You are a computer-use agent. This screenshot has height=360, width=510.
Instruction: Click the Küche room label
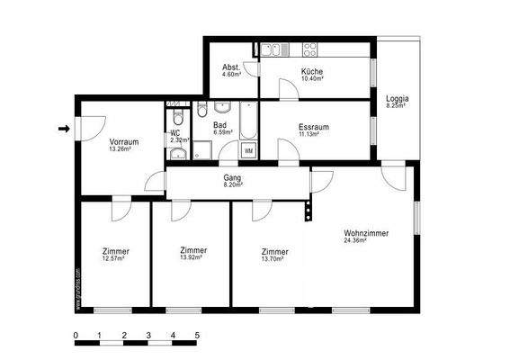[x=312, y=71]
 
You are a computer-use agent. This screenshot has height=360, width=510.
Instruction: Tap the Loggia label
[x=397, y=98]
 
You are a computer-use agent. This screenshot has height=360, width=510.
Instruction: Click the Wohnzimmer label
[x=366, y=233]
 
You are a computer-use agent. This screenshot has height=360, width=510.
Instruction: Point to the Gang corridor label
[x=232, y=178]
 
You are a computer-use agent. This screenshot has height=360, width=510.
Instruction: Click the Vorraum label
[x=123, y=142]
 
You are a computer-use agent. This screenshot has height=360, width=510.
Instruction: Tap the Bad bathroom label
[x=219, y=125]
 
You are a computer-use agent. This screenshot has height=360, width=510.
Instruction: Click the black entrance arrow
[x=63, y=129]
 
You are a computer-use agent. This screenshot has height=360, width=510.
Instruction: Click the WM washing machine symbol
[x=248, y=150]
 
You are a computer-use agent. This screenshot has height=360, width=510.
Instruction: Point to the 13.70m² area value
[x=273, y=259]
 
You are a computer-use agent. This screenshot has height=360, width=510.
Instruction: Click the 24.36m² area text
[x=366, y=241]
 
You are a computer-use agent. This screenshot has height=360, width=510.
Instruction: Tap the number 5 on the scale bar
[x=196, y=335]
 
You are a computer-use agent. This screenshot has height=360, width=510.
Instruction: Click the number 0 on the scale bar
[x=76, y=335]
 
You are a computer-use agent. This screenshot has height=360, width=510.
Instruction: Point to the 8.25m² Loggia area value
[x=397, y=106]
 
